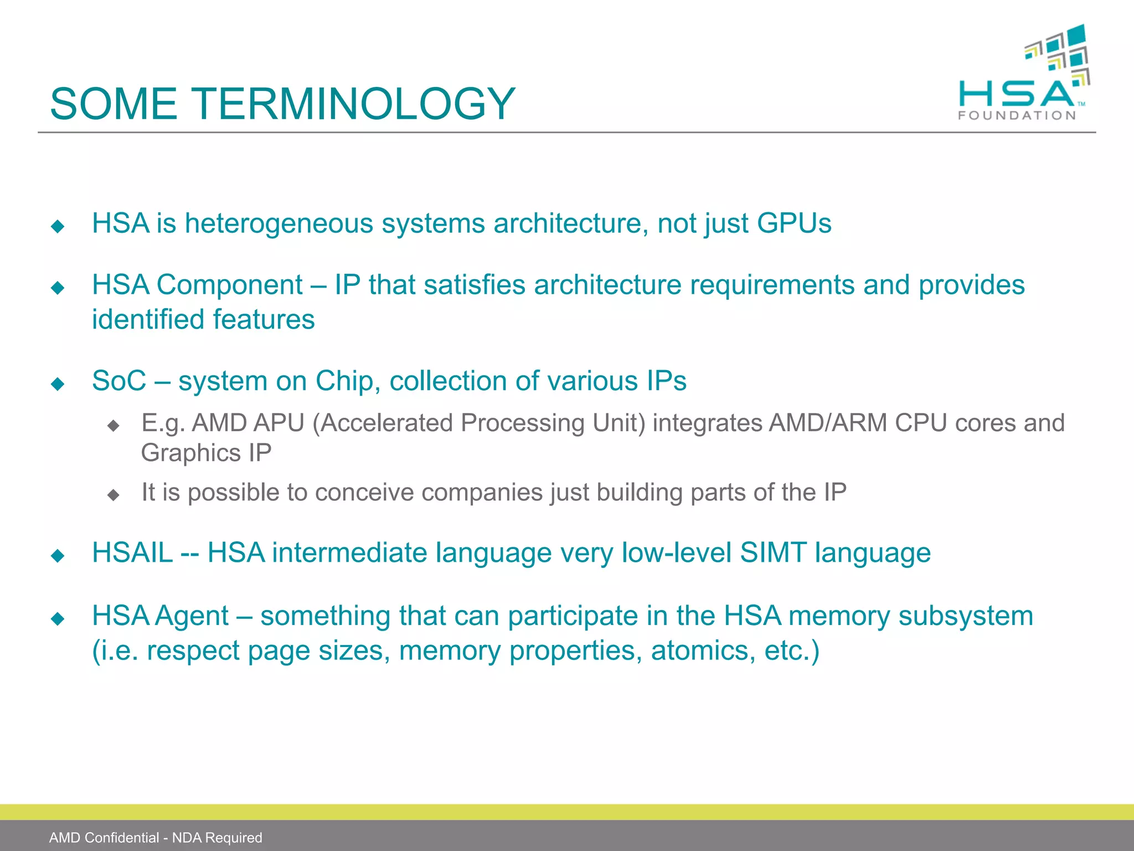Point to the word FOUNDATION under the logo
coord(1017,115)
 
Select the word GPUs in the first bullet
coord(794,223)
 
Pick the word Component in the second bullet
coord(230,285)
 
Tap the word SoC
coord(119,381)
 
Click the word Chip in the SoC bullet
coord(344,381)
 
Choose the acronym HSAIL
coord(133,553)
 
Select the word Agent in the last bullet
coord(192,616)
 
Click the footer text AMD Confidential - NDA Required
coord(156,837)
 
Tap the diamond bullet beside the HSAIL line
coord(58,555)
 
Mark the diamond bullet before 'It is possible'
coord(114,494)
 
